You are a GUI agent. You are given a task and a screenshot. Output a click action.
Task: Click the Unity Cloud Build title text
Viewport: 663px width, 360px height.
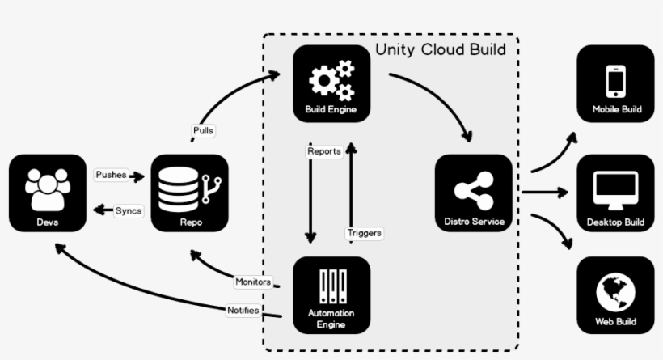click(441, 50)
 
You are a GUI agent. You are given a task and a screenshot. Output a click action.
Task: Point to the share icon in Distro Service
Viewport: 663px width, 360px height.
click(473, 190)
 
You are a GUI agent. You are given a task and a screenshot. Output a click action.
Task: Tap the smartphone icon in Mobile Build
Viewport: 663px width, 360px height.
click(616, 81)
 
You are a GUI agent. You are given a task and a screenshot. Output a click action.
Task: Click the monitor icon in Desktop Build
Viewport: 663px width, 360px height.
click(615, 189)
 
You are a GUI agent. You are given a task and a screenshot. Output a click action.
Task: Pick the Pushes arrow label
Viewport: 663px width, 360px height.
click(111, 175)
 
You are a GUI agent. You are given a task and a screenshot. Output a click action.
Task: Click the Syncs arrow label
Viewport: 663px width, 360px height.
click(129, 210)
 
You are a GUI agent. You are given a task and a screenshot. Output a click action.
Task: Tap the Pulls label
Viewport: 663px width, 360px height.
click(204, 130)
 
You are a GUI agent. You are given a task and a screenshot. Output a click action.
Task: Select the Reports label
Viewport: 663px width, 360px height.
click(323, 151)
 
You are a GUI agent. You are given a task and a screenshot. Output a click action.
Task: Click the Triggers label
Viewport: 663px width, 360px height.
click(364, 233)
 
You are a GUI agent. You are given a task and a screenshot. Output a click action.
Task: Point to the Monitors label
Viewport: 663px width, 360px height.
click(252, 282)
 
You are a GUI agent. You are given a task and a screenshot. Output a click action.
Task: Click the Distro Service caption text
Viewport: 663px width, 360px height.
click(474, 221)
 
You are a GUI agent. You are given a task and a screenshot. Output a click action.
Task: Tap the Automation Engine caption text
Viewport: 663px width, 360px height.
click(331, 318)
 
